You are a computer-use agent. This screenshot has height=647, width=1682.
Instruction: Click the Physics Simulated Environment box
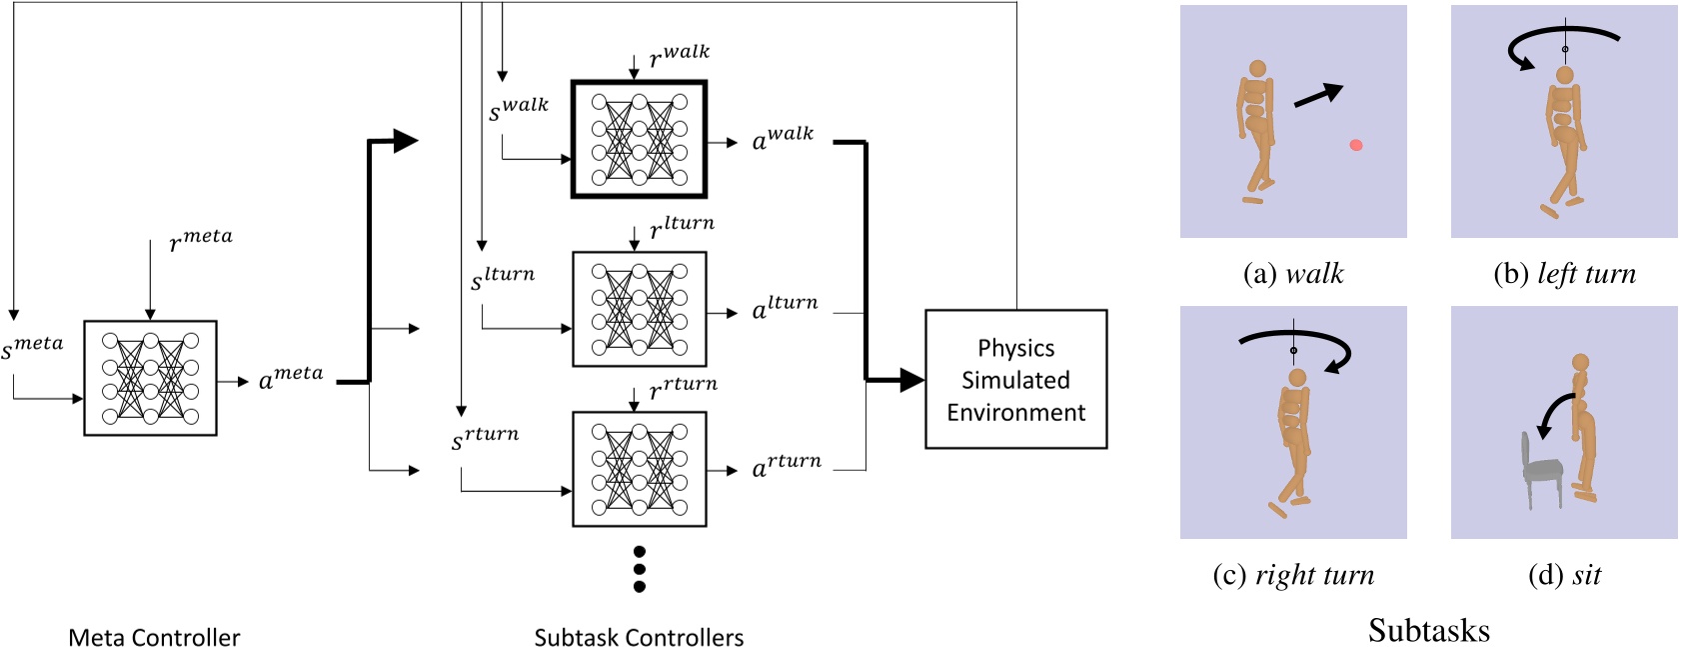click(1015, 379)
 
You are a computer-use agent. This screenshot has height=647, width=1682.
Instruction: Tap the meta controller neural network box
click(150, 378)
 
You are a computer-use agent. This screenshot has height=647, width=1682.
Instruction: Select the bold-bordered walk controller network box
click(639, 140)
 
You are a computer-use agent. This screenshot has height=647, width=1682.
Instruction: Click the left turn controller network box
click(639, 309)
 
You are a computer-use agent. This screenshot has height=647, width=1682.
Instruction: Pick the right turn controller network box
click(639, 469)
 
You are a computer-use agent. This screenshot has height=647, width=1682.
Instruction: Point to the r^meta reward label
click(201, 239)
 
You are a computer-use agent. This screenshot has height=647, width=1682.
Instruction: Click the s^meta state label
click(32, 347)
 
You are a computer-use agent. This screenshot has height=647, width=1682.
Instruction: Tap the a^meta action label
click(291, 377)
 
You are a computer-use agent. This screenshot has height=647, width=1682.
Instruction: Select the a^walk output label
click(783, 138)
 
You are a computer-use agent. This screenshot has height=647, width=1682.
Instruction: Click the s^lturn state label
click(503, 278)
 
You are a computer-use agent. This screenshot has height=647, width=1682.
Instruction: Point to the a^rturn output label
click(787, 465)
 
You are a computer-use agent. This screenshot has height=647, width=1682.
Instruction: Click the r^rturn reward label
click(684, 387)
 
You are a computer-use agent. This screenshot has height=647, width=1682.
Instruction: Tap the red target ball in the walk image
click(1356, 145)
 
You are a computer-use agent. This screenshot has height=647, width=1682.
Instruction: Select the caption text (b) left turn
click(1564, 274)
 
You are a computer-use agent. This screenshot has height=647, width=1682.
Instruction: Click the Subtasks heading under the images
click(1428, 630)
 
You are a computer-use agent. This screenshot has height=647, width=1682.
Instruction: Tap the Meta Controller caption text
click(154, 637)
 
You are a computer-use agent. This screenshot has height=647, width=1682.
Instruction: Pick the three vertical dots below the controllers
click(640, 569)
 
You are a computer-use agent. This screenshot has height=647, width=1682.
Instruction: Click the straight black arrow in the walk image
click(1317, 96)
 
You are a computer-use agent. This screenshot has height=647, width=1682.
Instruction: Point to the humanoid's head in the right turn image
click(1297, 378)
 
